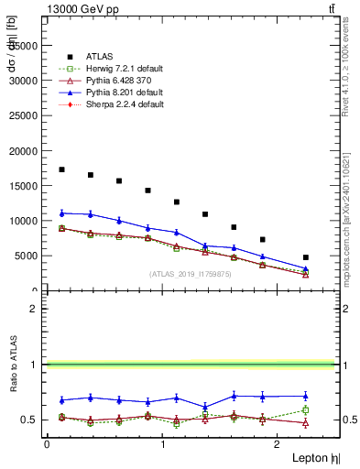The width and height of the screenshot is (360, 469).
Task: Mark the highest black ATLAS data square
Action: [x=61, y=169]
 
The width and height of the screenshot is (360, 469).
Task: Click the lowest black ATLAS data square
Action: [x=306, y=257]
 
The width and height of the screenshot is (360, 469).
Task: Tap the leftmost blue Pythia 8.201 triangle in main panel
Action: [x=61, y=213]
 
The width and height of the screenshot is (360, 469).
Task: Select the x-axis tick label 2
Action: [x=278, y=444]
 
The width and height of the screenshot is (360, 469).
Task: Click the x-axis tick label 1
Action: [x=162, y=444]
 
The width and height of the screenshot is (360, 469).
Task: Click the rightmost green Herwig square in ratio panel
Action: [x=306, y=410]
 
